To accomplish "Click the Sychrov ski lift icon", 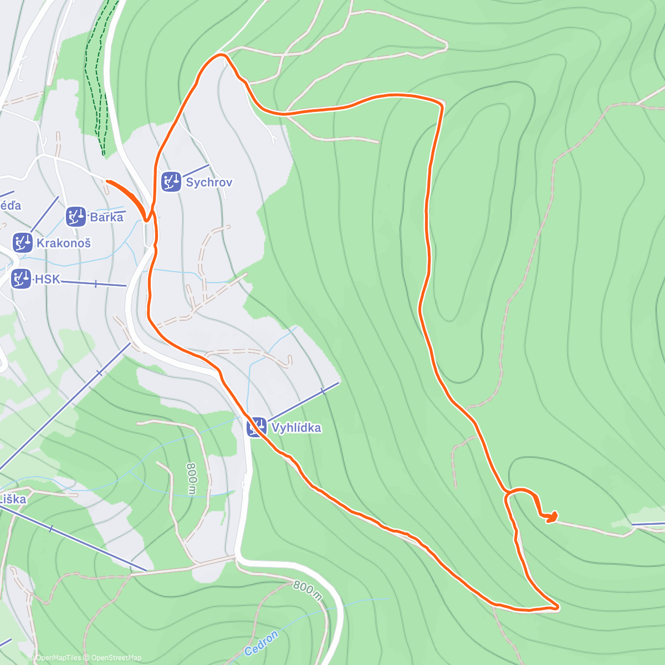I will coord(171,182).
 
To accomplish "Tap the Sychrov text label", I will coord(209,182).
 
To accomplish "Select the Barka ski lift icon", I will coord(76,217).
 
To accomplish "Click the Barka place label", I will coord(106,217).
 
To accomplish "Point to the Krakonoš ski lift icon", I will coord(23,243).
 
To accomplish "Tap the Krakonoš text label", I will coord(63,243).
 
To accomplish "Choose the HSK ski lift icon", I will coord(21,279).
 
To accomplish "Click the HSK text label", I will coord(47,279).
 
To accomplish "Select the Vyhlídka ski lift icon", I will coord(257,427).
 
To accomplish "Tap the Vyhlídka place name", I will coord(296,428).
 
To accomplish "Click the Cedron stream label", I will coord(261,643).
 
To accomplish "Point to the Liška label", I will coord(12,499).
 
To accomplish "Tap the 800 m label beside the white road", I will coord(308,590).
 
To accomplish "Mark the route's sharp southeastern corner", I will coord(557,608).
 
